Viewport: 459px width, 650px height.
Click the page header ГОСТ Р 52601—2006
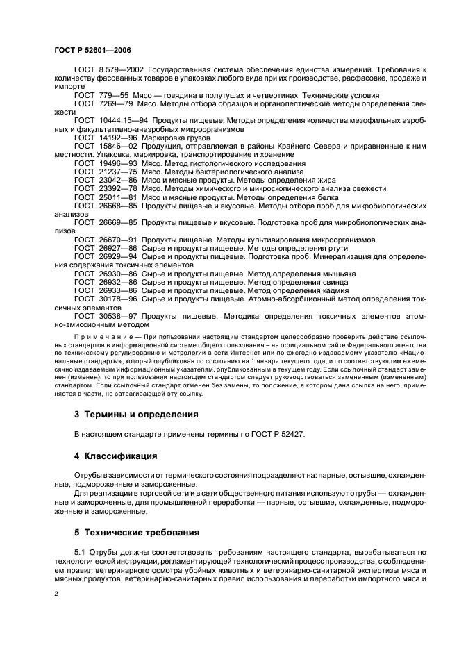pyautogui.click(x=92, y=51)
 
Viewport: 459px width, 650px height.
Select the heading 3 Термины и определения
pyautogui.click(x=136, y=415)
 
